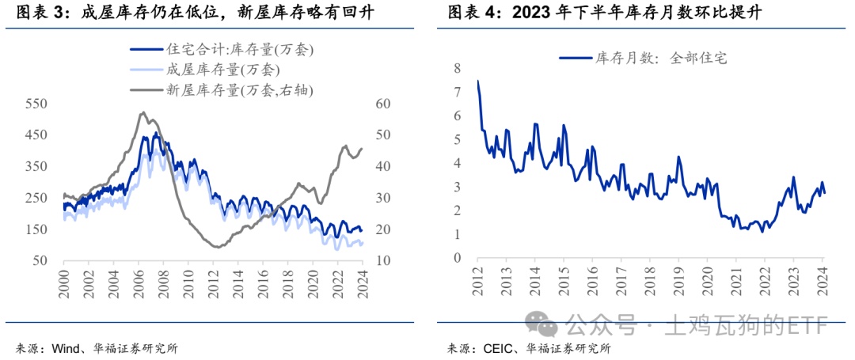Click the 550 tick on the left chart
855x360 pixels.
[x=37, y=104]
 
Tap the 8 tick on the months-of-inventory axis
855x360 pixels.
[x=456, y=69]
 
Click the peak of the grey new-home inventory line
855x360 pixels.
[x=142, y=113]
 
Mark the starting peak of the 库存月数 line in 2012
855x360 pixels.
[x=477, y=81]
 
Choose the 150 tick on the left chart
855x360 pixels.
[x=37, y=229]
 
